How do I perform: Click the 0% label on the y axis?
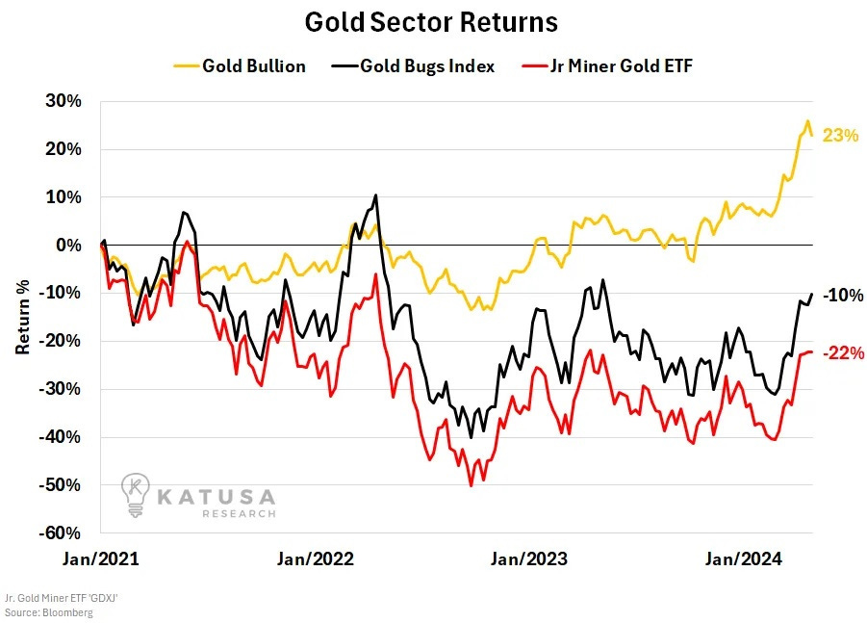pos(68,246)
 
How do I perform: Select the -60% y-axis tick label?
pos(62,533)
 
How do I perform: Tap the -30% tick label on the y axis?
pos(62,389)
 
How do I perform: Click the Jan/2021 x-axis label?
pos(103,558)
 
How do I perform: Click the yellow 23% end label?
pos(840,136)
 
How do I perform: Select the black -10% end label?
pos(843,296)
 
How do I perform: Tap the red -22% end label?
pos(843,353)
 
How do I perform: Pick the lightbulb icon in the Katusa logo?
pos(137,494)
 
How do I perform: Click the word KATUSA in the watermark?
pos(217,497)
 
